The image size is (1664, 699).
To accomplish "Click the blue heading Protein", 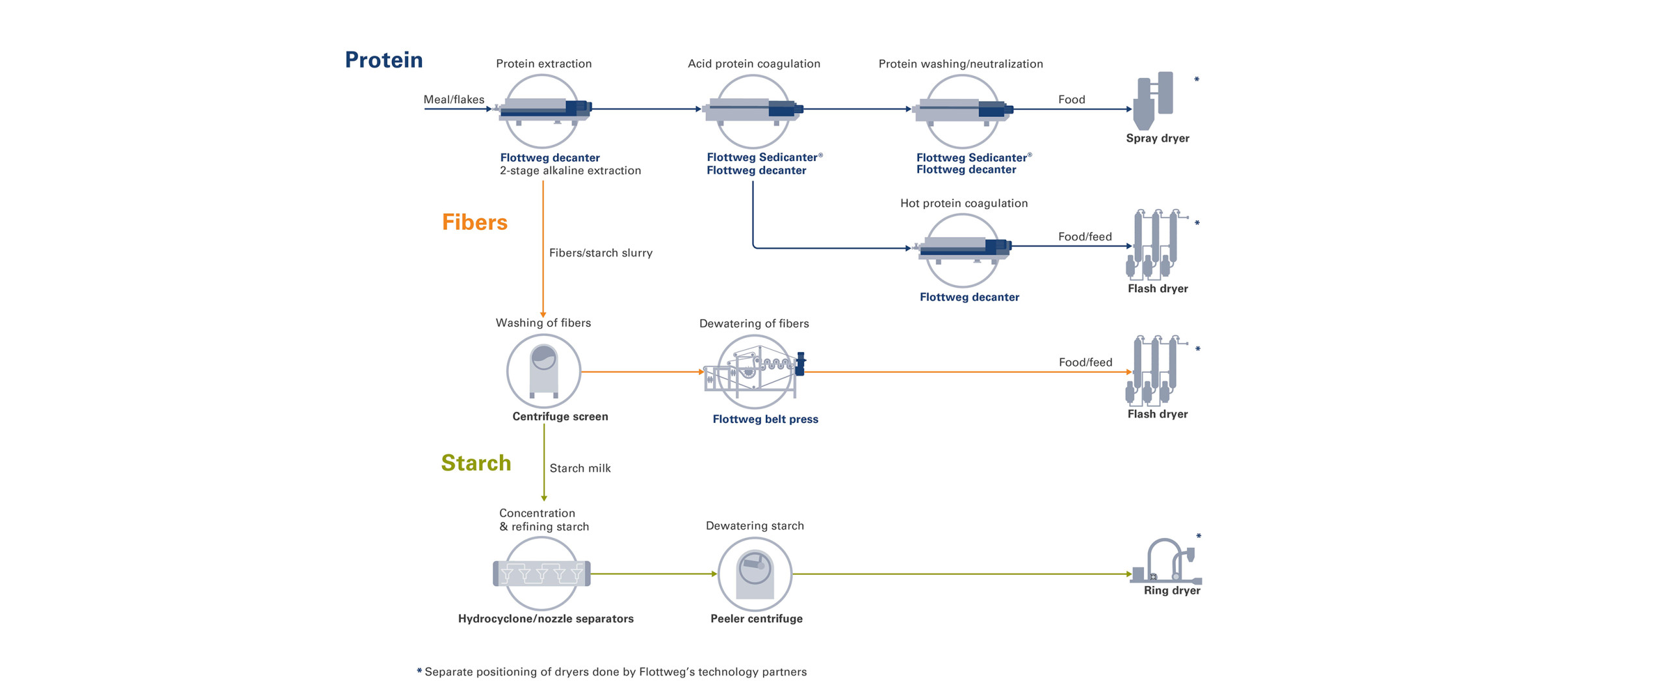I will pos(383,60).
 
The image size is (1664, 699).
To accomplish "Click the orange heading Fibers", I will pos(474,222).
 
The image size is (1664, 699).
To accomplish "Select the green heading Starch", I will pos(476,463).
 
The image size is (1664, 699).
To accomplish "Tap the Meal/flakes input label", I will pos(454,99).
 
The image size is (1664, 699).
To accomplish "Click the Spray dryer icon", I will pos(1153,101).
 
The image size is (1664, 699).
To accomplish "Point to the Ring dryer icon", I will pos(1166,561).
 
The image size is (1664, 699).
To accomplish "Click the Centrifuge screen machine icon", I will pos(543,371).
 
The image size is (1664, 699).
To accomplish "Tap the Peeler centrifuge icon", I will pos(755,574).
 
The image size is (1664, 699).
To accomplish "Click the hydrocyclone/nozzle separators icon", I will pos(541,574).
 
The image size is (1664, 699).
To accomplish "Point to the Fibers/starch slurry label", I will pos(601,253).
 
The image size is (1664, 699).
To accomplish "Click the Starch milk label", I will pos(580,468).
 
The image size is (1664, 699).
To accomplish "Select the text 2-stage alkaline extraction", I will pos(570,171).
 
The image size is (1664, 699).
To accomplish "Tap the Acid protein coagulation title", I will pos(754,64).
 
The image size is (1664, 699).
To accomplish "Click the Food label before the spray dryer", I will pos(1071,99).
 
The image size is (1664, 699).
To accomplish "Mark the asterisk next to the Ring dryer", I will pos(1199,536).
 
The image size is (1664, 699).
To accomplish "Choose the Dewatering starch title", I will pos(755,526).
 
